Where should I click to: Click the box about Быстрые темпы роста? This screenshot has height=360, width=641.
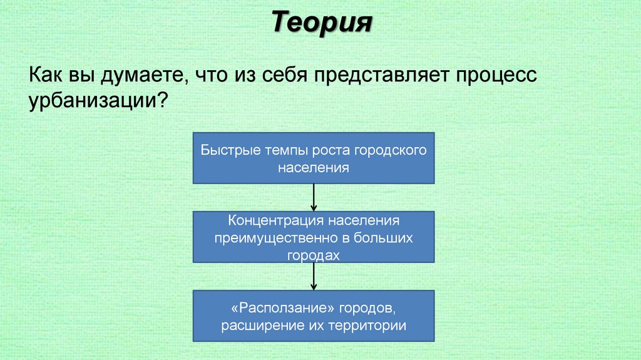[x=314, y=158]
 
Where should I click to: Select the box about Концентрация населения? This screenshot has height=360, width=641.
[x=314, y=237]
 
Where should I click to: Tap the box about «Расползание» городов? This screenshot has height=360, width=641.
[x=314, y=316]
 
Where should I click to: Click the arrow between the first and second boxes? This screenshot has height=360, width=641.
[x=314, y=197]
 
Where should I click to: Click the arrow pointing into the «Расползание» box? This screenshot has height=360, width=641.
[x=314, y=276]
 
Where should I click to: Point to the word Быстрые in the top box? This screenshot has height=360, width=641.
[x=223, y=150]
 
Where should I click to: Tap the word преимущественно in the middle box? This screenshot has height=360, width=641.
[x=279, y=238]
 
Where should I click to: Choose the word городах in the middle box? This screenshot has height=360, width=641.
[x=314, y=255]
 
